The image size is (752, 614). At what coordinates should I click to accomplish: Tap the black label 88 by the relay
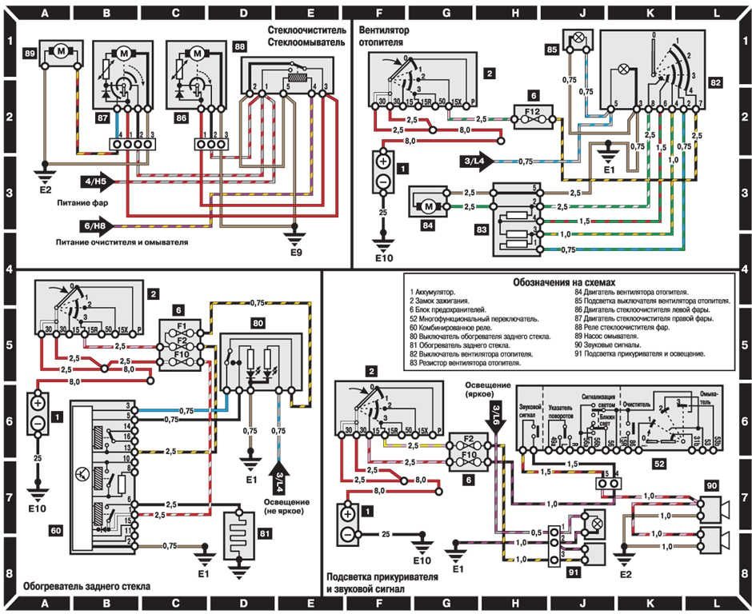tap(239, 47)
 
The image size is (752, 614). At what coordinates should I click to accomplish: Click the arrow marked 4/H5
tap(102, 183)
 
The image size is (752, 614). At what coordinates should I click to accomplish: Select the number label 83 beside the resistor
tap(482, 228)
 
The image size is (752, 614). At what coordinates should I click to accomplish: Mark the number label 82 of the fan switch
tap(715, 82)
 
